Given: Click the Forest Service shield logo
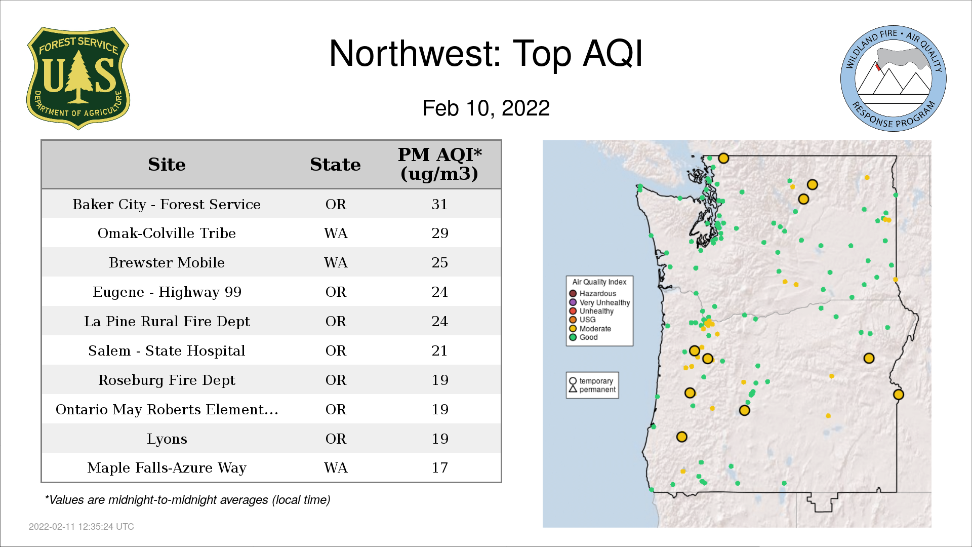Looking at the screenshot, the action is point(78,79).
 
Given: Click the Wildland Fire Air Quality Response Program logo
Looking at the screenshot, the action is point(894,79).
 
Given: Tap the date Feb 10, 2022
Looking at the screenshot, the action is point(486,108).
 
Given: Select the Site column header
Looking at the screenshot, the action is point(167,165).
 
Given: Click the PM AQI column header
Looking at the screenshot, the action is point(439,164).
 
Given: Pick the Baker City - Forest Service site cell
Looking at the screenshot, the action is point(167,204).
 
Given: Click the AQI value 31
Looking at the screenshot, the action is point(439,204).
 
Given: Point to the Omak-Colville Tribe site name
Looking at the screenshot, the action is point(167,233).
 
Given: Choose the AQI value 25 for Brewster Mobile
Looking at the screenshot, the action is point(439,262).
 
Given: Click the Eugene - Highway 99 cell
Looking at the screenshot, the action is point(167,292).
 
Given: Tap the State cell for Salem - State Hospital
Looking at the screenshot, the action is point(336,350).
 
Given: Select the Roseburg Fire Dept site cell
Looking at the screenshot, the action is point(167,380).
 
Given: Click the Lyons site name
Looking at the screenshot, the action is point(167,439).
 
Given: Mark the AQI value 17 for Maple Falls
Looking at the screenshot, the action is point(439,467).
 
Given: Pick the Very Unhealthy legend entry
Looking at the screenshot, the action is point(599,302).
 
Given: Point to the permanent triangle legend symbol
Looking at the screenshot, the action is point(573,389).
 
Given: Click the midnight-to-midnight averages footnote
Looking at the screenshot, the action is point(187,500).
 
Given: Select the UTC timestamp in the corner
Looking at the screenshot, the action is point(82,527).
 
